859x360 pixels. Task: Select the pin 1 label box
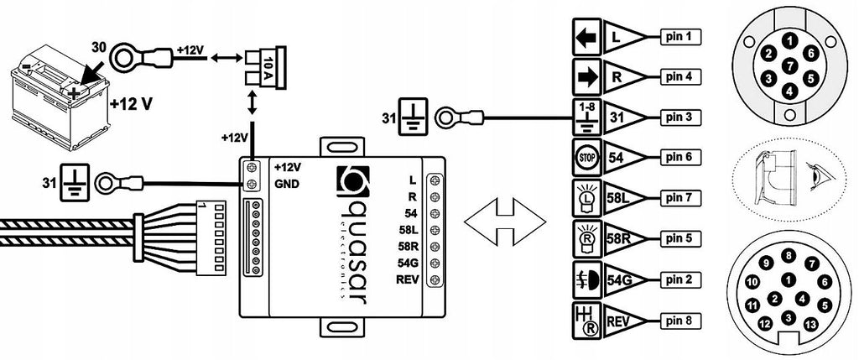pyautogui.click(x=680, y=36)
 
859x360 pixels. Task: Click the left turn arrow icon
pyautogui.click(x=586, y=36)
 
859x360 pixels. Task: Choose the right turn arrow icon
pyautogui.click(x=586, y=76)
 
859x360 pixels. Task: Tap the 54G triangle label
pyautogui.click(x=624, y=279)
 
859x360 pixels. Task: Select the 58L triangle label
pyautogui.click(x=624, y=198)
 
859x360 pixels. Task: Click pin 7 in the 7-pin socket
pyautogui.click(x=789, y=65)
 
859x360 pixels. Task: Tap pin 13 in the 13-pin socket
pyautogui.click(x=810, y=325)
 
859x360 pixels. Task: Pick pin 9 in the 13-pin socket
pyautogui.click(x=767, y=263)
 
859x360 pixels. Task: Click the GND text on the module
pyautogui.click(x=287, y=184)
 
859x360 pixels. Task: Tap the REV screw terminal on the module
pyautogui.click(x=436, y=280)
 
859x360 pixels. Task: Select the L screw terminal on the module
pyautogui.click(x=436, y=180)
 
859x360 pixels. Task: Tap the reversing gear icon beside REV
pyautogui.click(x=586, y=320)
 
